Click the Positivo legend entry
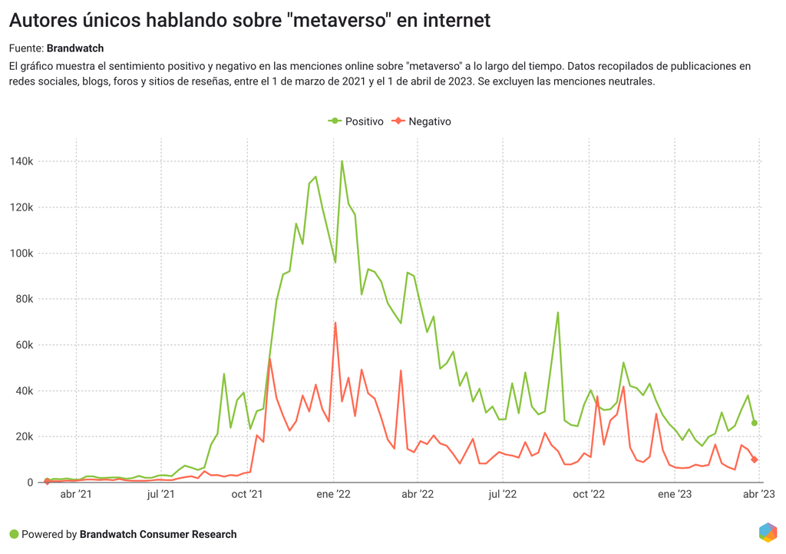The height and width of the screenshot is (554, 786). coord(356,121)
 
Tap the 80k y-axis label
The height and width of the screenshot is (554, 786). coord(23,299)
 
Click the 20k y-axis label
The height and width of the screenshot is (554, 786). coord(23,436)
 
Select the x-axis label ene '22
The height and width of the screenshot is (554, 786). coord(334,495)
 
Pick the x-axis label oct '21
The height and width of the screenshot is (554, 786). coord(247,495)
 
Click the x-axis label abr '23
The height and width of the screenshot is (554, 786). coord(758,495)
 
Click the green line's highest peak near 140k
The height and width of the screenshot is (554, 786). coord(342,161)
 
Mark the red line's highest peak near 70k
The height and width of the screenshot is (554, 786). coord(335,323)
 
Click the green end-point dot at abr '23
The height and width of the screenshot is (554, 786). coord(755,423)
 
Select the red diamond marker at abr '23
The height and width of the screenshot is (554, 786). coord(755,459)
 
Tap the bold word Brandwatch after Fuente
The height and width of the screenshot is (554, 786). coord(75,48)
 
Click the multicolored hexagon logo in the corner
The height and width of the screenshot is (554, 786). coord(767,532)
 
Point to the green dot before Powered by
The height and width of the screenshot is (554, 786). coord(14,534)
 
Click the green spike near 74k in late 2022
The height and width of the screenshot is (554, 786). coord(558,313)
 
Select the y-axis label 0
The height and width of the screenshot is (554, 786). coord(31,483)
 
